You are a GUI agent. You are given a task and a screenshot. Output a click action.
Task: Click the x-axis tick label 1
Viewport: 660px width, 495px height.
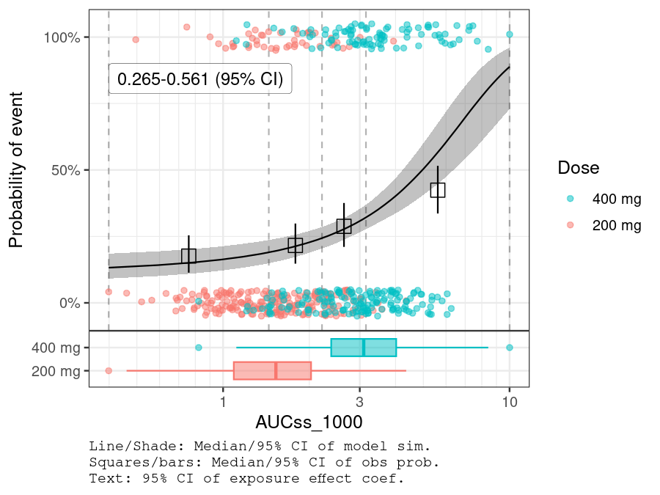tap(222, 403)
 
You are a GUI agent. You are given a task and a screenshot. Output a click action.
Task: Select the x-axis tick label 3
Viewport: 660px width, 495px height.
tap(360, 403)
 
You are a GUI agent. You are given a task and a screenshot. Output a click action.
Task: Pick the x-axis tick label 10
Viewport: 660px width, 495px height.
tap(509, 403)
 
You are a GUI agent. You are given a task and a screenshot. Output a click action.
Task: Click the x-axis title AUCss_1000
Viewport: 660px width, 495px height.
tap(309, 423)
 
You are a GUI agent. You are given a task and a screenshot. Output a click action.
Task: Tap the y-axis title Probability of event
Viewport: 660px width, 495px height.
tap(16, 169)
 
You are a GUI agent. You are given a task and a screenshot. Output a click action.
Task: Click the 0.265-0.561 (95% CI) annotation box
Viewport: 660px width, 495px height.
tap(200, 80)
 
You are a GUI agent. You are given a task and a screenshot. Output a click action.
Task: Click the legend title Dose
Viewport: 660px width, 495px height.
tap(578, 167)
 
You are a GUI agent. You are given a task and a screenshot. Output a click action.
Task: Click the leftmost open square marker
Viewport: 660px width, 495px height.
tap(188, 256)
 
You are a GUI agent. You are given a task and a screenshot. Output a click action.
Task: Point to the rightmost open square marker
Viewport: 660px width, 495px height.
tap(438, 190)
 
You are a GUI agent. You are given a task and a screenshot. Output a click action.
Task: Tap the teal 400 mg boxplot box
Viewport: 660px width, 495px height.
tap(364, 348)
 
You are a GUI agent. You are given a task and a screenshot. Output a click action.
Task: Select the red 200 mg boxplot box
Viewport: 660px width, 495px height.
tap(272, 370)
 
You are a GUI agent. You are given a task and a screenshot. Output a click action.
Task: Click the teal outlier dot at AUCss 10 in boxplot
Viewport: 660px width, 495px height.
tap(510, 348)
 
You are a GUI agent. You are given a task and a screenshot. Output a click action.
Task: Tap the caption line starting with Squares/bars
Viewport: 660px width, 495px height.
tap(263, 463)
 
